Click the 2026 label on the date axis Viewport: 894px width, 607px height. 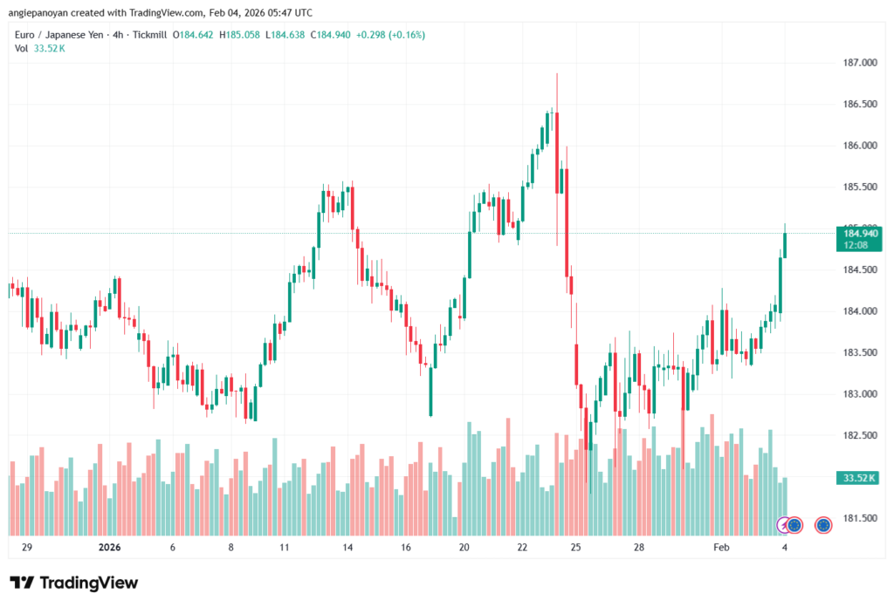pos(110,548)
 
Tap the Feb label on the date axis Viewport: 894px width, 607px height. pos(721,548)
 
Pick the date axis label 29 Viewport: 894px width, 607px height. pos(26,548)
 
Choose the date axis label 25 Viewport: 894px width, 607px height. pos(576,548)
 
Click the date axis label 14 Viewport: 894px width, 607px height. pos(347,548)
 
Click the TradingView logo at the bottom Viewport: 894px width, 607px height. pos(74,583)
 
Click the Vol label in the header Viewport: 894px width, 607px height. pos(22,48)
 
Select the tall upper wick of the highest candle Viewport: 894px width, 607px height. pos(557,92)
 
